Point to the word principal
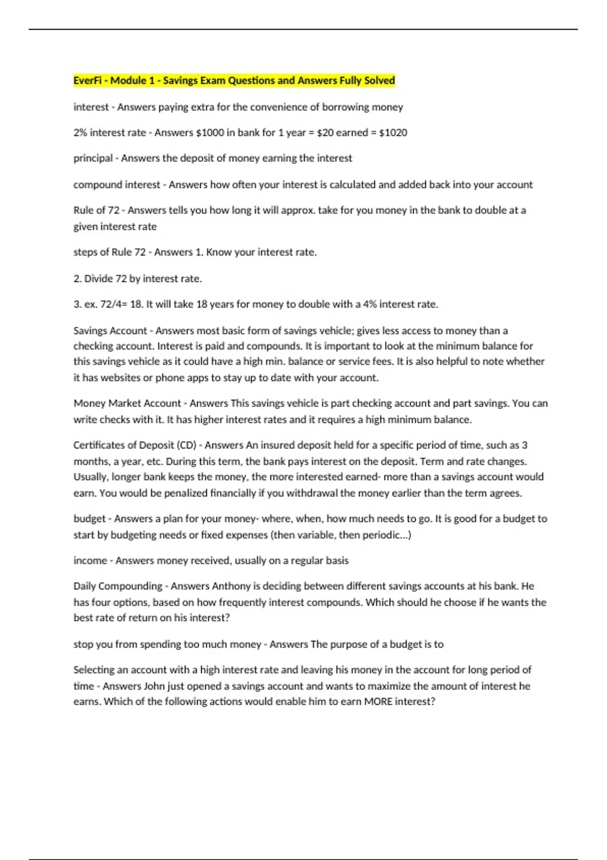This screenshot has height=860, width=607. [x=93, y=158]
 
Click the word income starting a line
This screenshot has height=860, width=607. [x=90, y=561]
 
